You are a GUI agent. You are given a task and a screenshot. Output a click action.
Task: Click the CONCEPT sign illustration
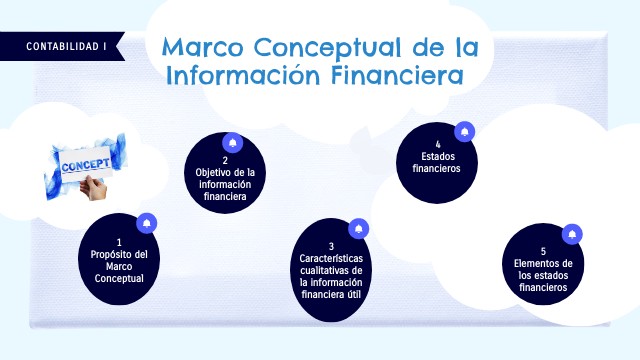[x=87, y=166]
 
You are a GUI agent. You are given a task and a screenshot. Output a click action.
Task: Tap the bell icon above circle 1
[x=147, y=221]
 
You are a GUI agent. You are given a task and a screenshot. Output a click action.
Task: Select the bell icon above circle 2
[x=233, y=142]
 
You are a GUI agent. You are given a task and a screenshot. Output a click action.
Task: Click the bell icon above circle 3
[x=358, y=229]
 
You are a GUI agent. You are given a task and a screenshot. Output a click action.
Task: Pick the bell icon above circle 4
[x=464, y=131]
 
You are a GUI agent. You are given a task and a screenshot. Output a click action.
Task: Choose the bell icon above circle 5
[x=571, y=234]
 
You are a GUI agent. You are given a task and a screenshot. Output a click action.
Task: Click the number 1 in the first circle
[x=119, y=242]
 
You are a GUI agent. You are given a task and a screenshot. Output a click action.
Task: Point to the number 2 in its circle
[x=225, y=160]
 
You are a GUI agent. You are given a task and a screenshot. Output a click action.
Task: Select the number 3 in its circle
[x=331, y=246]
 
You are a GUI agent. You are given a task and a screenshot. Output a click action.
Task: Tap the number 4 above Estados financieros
[x=438, y=145]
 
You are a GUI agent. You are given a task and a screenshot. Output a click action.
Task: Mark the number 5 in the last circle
[x=543, y=252]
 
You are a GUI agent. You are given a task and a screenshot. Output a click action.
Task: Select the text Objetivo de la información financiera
[x=225, y=184]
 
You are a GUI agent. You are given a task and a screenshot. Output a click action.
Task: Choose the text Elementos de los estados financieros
[x=543, y=275]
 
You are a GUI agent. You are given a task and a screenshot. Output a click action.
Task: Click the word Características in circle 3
[x=331, y=259]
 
